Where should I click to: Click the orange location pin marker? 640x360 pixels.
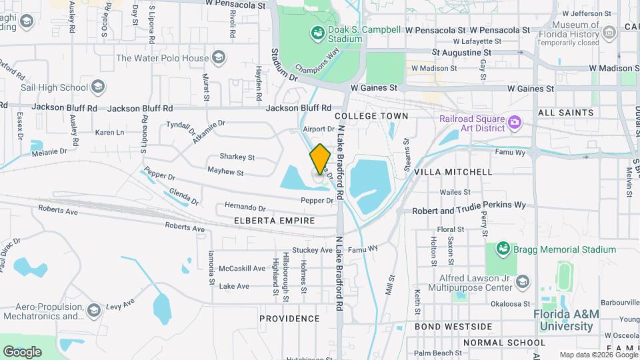tap(320, 159)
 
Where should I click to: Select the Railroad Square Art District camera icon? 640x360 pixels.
tap(514, 121)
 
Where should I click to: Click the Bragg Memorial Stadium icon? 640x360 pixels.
tap(503, 249)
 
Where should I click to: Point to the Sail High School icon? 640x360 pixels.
tap(98, 87)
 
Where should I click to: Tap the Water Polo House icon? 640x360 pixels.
tap(218, 58)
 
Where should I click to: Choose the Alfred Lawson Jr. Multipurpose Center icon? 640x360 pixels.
tap(522, 282)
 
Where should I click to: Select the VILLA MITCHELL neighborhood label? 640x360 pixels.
tap(453, 172)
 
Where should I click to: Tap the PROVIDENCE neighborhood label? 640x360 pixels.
tap(289, 319)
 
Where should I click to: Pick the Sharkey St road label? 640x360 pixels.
tap(237, 157)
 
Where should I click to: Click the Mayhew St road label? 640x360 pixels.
tap(225, 172)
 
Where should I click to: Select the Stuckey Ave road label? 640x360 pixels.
tap(312, 250)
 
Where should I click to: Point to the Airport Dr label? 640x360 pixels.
tap(318, 129)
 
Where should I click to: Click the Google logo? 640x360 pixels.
tap(22, 351)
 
